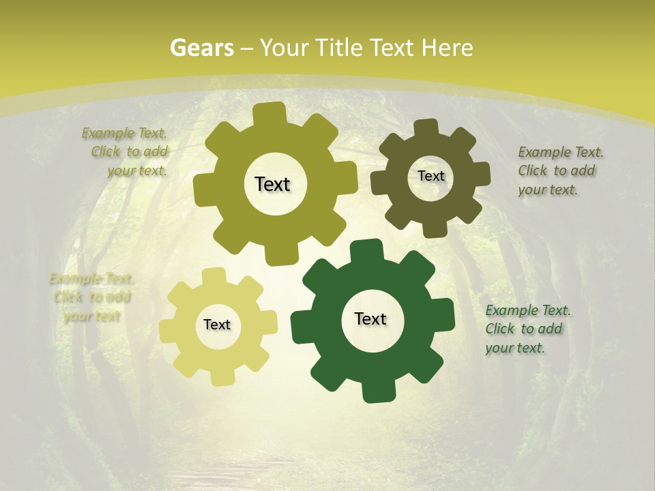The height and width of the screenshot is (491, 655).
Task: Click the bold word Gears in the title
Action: click(202, 48)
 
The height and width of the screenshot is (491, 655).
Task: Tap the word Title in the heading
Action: click(339, 48)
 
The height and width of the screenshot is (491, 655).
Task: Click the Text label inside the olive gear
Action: click(272, 184)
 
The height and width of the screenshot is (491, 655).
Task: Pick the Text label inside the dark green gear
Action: click(370, 318)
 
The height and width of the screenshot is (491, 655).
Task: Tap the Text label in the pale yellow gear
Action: click(217, 325)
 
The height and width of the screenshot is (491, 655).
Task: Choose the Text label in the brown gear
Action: click(431, 176)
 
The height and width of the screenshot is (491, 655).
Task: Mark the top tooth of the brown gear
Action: click(427, 128)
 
